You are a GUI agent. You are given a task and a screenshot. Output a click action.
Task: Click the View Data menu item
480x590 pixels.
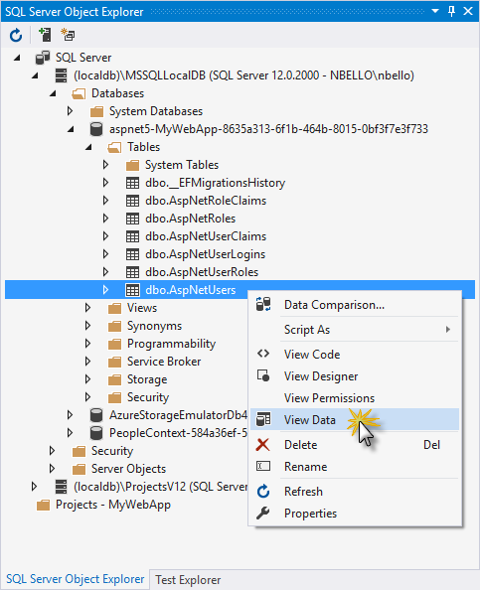(x=309, y=419)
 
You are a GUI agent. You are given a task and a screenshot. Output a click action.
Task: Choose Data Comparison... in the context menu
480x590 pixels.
(x=334, y=305)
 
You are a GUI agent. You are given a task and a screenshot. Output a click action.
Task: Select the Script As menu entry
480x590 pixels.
(x=307, y=330)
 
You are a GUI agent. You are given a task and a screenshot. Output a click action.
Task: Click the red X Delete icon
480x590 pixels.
(x=262, y=445)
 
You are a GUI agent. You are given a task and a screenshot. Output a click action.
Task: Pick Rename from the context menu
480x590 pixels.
(x=305, y=467)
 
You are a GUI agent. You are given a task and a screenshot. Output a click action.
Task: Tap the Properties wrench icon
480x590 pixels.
(x=262, y=514)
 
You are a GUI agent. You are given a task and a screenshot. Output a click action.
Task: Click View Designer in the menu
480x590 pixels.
(x=321, y=376)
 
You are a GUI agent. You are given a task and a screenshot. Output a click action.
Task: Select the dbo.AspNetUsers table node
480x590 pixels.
(x=191, y=290)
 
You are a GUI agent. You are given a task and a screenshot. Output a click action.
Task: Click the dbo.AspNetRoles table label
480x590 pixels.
(x=191, y=219)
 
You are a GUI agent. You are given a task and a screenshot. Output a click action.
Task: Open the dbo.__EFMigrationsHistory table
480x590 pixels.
(x=216, y=183)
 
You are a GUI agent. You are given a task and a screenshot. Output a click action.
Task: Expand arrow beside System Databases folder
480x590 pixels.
(x=70, y=111)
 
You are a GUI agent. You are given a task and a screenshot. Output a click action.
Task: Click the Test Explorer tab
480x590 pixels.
(x=188, y=580)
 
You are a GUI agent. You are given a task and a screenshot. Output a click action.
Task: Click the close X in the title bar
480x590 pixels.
(x=468, y=11)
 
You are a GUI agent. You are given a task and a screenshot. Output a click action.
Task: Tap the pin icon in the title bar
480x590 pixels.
(x=451, y=11)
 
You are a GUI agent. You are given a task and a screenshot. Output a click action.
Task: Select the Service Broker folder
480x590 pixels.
(x=164, y=362)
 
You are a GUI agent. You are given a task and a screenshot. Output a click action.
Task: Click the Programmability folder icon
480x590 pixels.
(x=115, y=344)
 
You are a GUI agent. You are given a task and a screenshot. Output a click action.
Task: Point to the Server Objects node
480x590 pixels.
(x=128, y=469)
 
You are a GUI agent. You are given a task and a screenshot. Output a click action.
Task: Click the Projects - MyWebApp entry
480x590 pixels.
(x=113, y=505)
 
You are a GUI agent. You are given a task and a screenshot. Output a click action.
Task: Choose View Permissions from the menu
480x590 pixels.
(x=329, y=398)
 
